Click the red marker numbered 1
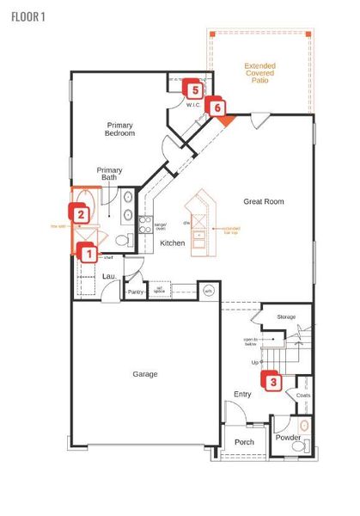[85, 252]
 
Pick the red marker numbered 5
[194, 89]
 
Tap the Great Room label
[264, 202]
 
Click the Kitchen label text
[173, 243]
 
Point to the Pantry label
[135, 292]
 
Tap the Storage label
[287, 317]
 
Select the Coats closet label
[302, 396]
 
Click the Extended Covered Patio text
[261, 74]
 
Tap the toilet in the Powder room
[302, 426]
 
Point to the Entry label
[243, 395]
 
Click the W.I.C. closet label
[193, 104]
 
